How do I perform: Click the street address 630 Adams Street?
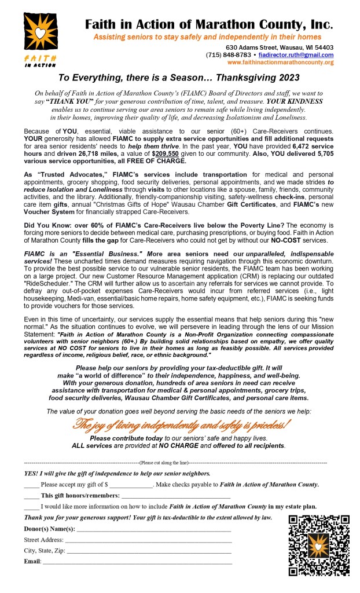[254, 47]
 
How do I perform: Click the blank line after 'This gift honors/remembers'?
[176, 496]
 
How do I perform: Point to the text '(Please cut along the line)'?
[164, 463]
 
